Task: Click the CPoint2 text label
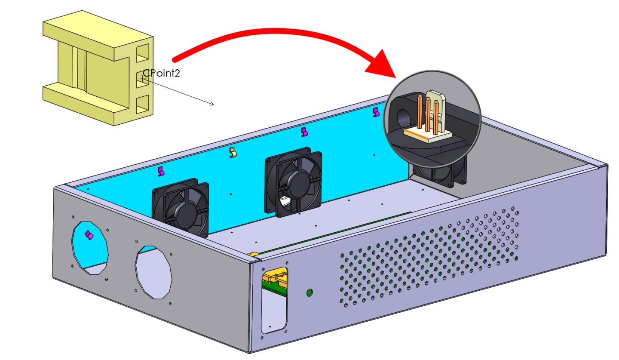pyautogui.click(x=161, y=73)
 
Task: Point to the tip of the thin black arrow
pyautogui.click(x=213, y=104)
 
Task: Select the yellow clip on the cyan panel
pyautogui.click(x=233, y=152)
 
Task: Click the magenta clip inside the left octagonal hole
pyautogui.click(x=89, y=235)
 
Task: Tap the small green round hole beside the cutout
pyautogui.click(x=309, y=293)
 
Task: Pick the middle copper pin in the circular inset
pyautogui.click(x=428, y=114)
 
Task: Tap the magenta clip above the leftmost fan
pyautogui.click(x=161, y=171)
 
